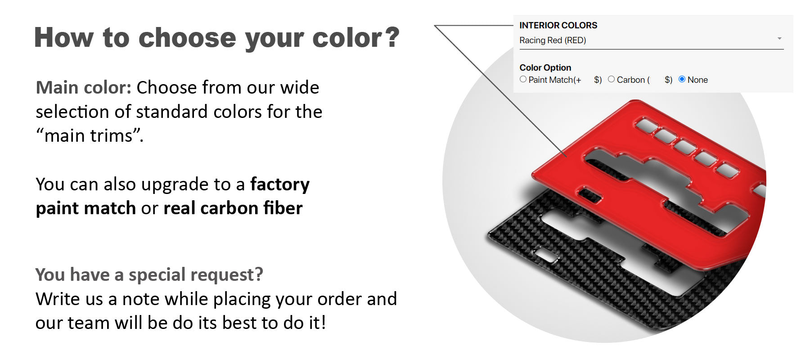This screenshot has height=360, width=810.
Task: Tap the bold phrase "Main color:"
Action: pos(84,87)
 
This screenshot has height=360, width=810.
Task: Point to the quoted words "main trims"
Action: pos(89,135)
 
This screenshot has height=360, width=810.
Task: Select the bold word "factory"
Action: pos(280,184)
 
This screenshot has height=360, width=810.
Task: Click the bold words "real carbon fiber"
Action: pos(233,208)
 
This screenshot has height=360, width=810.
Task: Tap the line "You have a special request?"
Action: pos(149,274)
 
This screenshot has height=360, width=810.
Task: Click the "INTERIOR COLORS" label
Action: pos(558,25)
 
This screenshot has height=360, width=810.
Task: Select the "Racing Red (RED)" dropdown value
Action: pos(553,40)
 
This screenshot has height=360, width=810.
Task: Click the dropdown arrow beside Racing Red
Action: pos(779,39)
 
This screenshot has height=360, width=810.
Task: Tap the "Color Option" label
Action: pos(545,67)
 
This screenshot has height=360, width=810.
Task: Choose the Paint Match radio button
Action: pos(523,79)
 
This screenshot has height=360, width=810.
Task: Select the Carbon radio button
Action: pos(611,79)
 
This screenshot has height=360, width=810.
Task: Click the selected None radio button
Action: pos(682,79)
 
